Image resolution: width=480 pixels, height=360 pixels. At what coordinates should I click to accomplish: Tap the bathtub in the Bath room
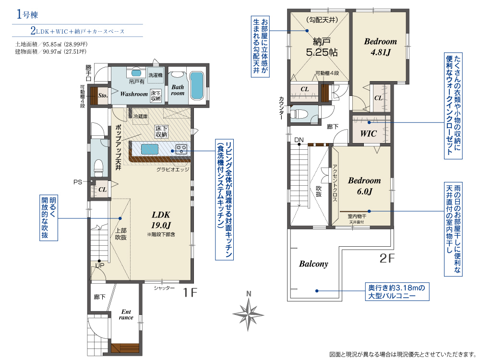[x=196, y=85]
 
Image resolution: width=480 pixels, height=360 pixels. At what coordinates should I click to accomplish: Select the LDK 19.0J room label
[x=161, y=220]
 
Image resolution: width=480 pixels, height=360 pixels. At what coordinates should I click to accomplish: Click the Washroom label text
[x=134, y=94]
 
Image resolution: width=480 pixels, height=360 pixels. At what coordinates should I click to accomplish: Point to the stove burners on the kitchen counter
[x=181, y=149]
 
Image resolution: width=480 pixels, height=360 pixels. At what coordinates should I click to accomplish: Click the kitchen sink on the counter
[x=150, y=149]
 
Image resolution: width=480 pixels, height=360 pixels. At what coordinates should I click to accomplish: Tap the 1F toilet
[x=98, y=168]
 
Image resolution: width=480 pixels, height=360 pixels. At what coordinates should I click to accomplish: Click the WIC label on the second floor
[x=369, y=133]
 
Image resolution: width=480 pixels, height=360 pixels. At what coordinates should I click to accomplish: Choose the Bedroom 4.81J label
[x=381, y=47]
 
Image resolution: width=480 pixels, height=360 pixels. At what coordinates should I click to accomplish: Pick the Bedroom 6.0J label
[x=364, y=186]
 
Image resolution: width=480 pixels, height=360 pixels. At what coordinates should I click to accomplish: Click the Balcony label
[x=313, y=264]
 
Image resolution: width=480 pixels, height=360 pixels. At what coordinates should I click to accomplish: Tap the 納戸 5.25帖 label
[x=322, y=47]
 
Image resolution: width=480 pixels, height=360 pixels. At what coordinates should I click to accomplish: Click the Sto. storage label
[x=103, y=96]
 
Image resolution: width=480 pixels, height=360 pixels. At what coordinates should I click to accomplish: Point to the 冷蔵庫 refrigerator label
[x=141, y=116]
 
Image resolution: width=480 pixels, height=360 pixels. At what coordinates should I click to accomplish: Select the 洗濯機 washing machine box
[x=156, y=75]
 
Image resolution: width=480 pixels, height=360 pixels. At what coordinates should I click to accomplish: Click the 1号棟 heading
[x=27, y=14]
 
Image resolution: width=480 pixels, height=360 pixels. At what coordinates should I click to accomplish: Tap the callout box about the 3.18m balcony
[x=397, y=291]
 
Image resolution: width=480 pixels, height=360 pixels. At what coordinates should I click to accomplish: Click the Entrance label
[x=126, y=315]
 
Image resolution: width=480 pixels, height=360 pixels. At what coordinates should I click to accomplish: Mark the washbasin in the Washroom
[x=136, y=73]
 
